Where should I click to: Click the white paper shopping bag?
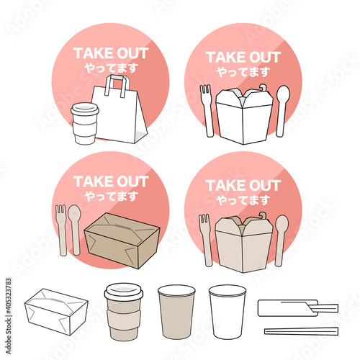click(120, 115)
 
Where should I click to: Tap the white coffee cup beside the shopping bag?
click(84, 124)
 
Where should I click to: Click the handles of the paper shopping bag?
click(117, 85)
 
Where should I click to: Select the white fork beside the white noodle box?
click(207, 110)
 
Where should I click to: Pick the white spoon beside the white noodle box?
click(282, 111)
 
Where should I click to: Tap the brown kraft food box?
click(122, 240)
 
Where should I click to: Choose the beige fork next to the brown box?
click(61, 230)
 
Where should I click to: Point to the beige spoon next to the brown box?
click(75, 230)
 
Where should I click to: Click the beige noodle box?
click(244, 243)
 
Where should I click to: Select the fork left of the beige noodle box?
click(206, 240)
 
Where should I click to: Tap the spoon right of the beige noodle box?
click(281, 240)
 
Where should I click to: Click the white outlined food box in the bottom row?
click(56, 312)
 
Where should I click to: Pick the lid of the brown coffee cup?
click(124, 292)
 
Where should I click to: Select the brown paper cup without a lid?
click(176, 312)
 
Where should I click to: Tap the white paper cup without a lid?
click(228, 312)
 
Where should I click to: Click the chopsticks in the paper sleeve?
click(297, 308)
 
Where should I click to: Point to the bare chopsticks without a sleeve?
click(302, 331)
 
